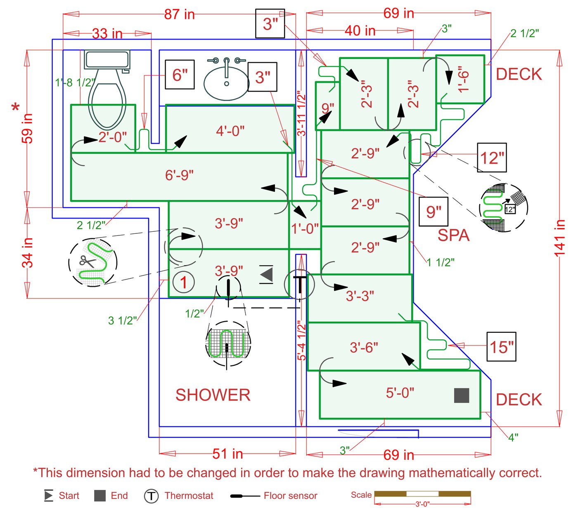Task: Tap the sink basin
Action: pyautogui.click(x=226, y=82)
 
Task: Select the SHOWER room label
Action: pyautogui.click(x=213, y=395)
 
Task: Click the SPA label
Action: pyautogui.click(x=453, y=235)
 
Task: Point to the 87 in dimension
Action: pyautogui.click(x=179, y=14)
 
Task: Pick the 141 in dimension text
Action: pyautogui.click(x=559, y=238)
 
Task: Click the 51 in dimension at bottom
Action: pyautogui.click(x=227, y=454)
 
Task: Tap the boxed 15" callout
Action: pyautogui.click(x=501, y=346)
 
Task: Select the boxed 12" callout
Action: pyautogui.click(x=492, y=158)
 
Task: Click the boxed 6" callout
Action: pyautogui.click(x=180, y=75)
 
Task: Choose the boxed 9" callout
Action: pyautogui.click(x=433, y=212)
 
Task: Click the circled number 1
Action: pyautogui.click(x=183, y=282)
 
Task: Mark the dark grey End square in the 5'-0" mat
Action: pyautogui.click(x=461, y=395)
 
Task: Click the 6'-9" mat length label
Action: pyautogui.click(x=179, y=175)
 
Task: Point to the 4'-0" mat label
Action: pyautogui.click(x=230, y=131)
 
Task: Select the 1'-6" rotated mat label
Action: pyautogui.click(x=464, y=79)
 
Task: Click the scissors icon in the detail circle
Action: pyautogui.click(x=87, y=261)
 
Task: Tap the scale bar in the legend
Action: pyautogui.click(x=422, y=494)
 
